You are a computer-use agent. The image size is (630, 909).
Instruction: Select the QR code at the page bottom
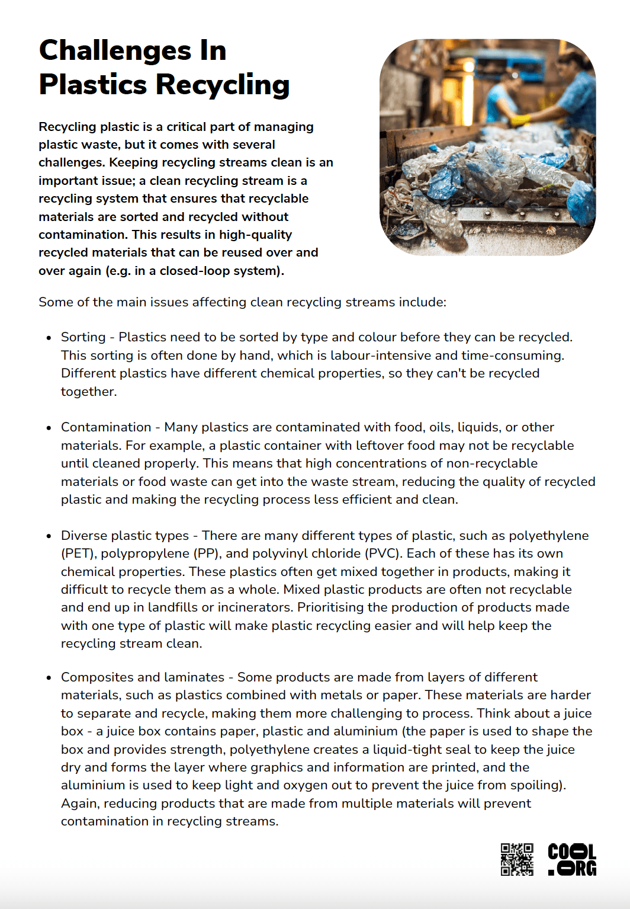517,859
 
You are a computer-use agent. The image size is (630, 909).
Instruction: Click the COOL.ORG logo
571,859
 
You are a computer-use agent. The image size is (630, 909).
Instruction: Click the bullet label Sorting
83,337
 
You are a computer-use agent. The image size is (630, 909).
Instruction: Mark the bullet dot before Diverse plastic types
49,536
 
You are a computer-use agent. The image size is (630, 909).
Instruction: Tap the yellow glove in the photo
520,120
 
